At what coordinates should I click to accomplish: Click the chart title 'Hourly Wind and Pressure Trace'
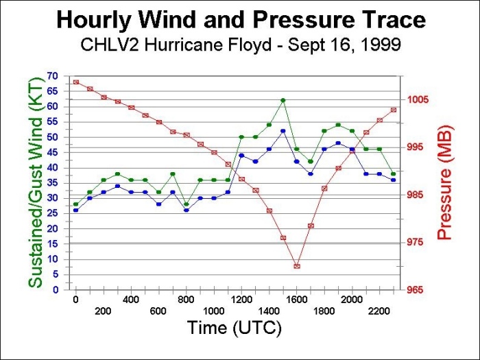(240, 20)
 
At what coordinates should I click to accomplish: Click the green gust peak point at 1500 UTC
(283, 100)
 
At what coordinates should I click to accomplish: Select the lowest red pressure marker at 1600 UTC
(297, 266)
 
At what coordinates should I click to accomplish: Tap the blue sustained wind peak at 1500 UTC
(283, 131)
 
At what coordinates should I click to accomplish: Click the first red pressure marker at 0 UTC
(75, 82)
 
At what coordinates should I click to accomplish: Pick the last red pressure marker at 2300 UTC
(394, 110)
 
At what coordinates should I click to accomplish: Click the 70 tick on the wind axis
(53, 75)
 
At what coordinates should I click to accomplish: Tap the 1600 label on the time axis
(296, 300)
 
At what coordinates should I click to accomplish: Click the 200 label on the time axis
(103, 311)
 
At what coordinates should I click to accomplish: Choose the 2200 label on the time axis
(379, 311)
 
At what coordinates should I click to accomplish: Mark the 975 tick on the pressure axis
(417, 242)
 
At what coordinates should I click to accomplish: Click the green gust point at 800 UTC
(186, 204)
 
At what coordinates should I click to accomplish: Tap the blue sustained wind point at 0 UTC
(75, 210)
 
